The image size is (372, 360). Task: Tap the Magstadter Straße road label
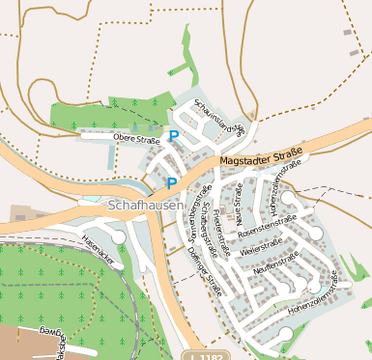tap(262, 155)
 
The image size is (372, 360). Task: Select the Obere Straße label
tap(136, 139)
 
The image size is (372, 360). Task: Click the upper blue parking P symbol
tap(173, 137)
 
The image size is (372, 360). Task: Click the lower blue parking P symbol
tap(172, 183)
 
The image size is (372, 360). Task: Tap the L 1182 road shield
tap(207, 354)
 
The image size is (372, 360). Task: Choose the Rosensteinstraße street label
tap(267, 226)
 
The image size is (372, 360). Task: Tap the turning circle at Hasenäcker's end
tap(118, 236)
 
